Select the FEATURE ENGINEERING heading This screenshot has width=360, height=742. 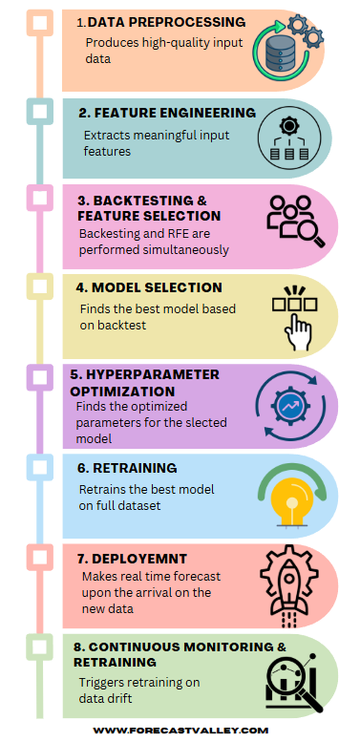click(167, 113)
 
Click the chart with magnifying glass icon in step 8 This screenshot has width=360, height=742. click(293, 680)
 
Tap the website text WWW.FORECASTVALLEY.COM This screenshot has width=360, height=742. click(180, 729)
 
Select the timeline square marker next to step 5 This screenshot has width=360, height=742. click(40, 378)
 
